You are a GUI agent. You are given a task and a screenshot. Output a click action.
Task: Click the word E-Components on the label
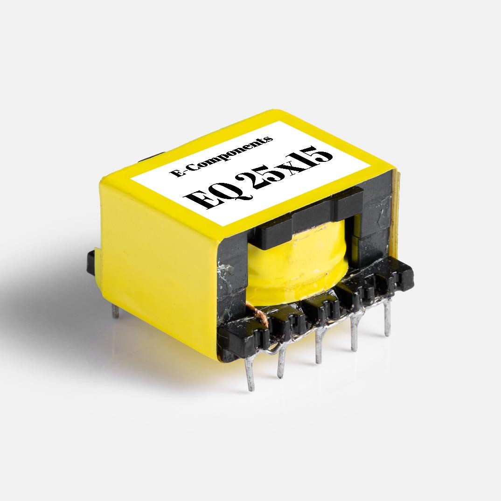pyautogui.click(x=222, y=157)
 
